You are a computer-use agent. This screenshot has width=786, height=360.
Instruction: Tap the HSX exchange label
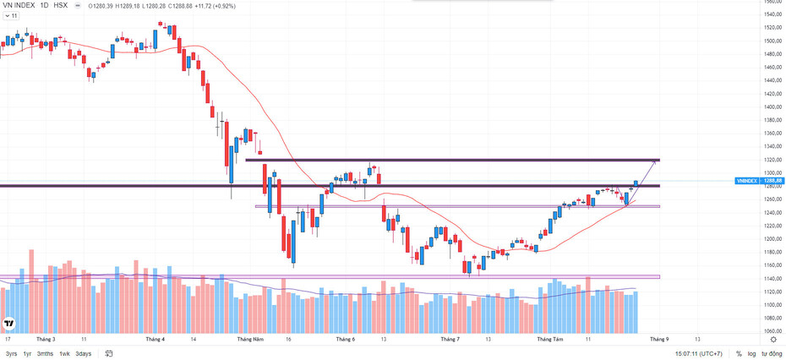coord(60,5)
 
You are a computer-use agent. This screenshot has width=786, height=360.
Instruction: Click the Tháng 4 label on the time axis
coord(156,339)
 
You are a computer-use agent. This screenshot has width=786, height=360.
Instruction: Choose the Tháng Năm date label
coord(251,339)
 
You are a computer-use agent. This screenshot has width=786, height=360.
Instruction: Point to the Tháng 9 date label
coord(659,339)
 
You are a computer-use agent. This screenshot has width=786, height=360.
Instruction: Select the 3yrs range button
coord(11,353)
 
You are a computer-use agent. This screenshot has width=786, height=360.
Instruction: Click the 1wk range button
coord(64,353)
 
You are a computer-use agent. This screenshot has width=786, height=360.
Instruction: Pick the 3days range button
coord(83,353)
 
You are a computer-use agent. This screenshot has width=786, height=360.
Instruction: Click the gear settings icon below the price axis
coord(773,339)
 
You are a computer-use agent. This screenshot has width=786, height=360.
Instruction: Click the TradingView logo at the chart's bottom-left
coord(9,324)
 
